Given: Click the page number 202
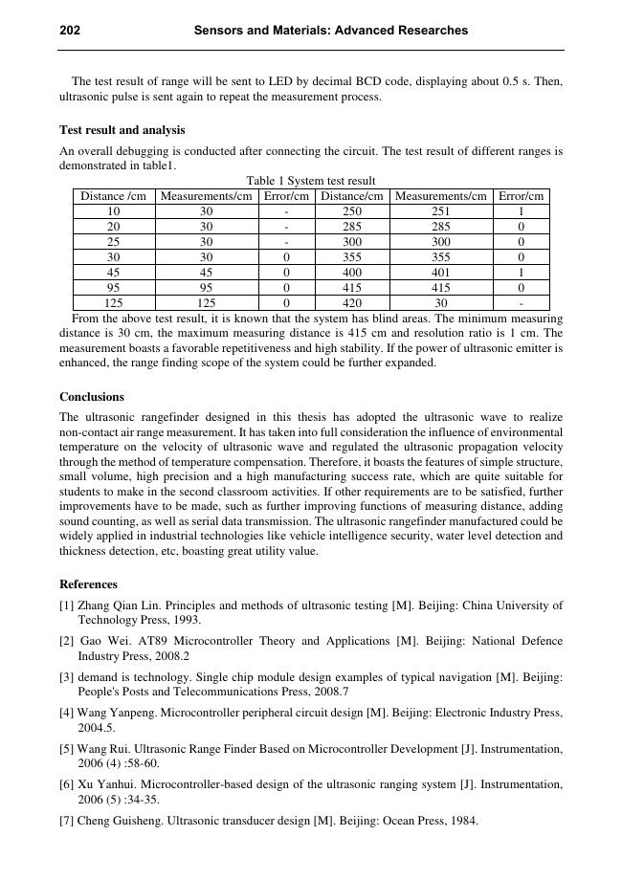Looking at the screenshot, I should (x=70, y=31).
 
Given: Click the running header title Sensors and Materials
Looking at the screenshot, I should (x=330, y=31).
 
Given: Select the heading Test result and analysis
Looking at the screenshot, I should (x=122, y=130).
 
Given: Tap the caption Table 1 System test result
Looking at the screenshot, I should (x=311, y=181).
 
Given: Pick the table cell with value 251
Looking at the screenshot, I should (x=440, y=211).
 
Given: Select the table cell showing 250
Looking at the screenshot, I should (x=351, y=211).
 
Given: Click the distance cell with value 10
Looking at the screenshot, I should (x=114, y=211).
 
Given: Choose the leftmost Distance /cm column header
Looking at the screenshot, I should (x=114, y=196).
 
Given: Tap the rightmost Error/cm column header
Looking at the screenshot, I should (x=521, y=196).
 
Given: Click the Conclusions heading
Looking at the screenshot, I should (x=92, y=397).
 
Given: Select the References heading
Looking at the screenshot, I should (x=88, y=584).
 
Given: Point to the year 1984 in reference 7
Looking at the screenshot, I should (x=463, y=821).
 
